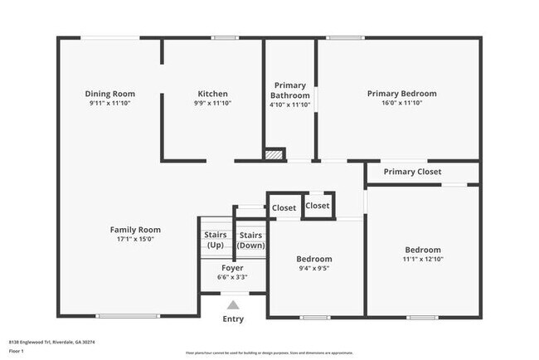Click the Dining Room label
click(x=110, y=94)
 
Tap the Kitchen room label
click(x=212, y=94)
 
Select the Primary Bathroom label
click(x=289, y=90)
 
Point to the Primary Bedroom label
click(x=401, y=94)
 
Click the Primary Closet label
click(x=412, y=172)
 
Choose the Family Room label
click(x=135, y=230)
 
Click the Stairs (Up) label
click(x=216, y=240)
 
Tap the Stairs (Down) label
click(x=250, y=240)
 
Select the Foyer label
click(x=232, y=268)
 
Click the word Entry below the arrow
click(x=233, y=319)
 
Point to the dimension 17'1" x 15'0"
click(x=135, y=239)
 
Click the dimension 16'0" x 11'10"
click(x=401, y=104)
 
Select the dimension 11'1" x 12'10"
click(x=423, y=259)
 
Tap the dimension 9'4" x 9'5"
click(x=315, y=268)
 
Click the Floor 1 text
click(x=17, y=351)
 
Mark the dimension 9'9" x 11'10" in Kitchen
click(x=212, y=104)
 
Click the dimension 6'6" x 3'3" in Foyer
click(x=232, y=277)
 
